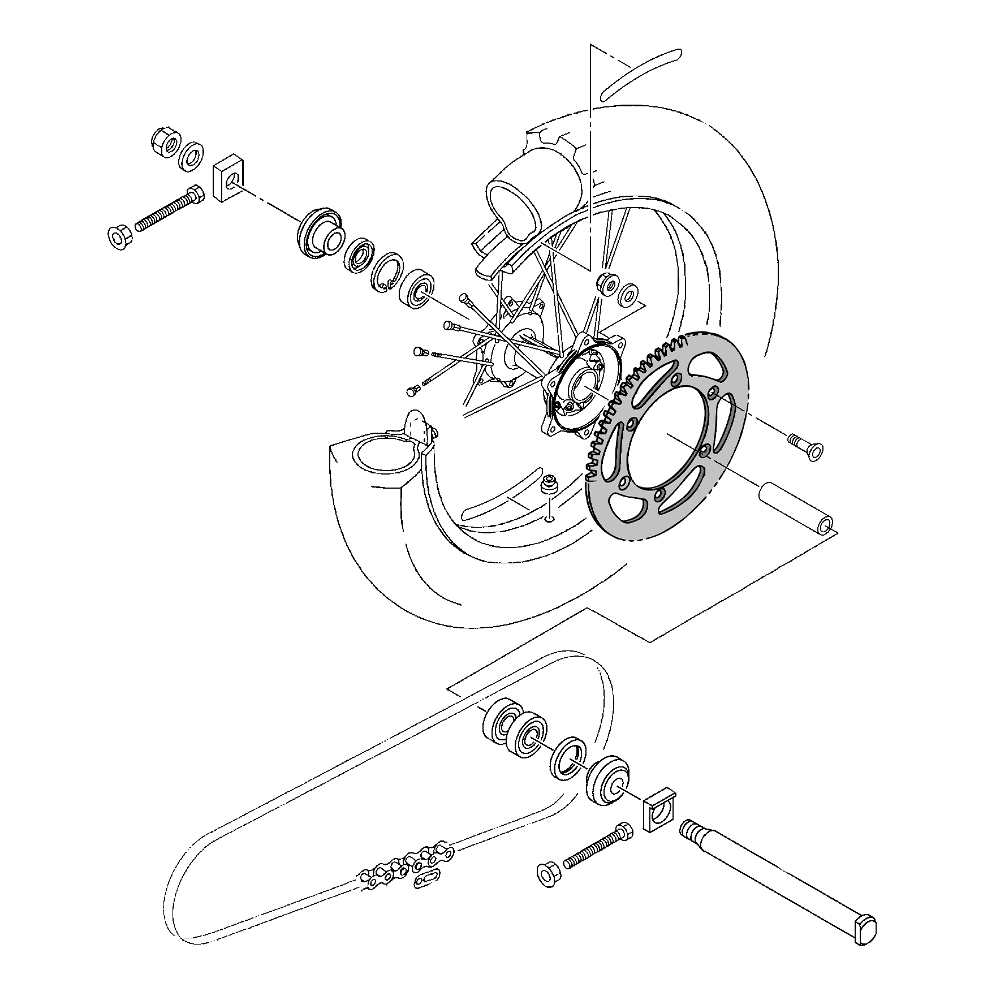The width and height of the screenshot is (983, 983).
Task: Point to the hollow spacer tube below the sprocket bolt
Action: click(x=794, y=507)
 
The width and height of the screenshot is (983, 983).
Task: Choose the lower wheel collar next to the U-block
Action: click(x=607, y=779)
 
